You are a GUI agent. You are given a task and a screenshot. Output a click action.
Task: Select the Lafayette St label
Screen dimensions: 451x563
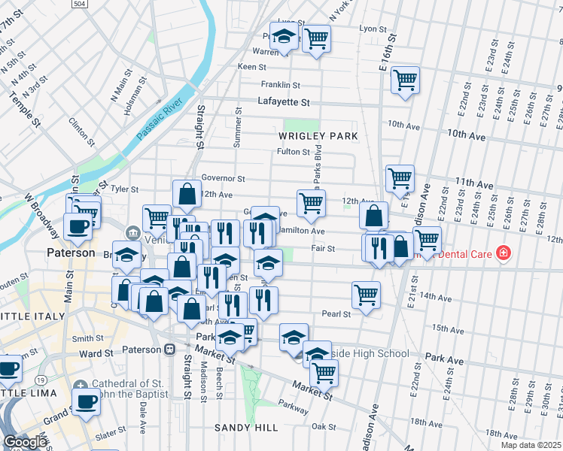(x=284, y=102)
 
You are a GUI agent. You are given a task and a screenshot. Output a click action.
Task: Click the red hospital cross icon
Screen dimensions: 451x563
(x=503, y=254)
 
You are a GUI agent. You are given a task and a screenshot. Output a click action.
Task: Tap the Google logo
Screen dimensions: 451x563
(x=24, y=442)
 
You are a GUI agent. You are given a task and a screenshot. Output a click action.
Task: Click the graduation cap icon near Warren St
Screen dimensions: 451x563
(x=283, y=37)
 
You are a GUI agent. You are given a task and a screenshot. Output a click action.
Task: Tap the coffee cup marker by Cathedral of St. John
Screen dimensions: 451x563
(x=86, y=402)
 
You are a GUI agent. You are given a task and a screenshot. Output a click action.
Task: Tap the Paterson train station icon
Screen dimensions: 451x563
(x=169, y=350)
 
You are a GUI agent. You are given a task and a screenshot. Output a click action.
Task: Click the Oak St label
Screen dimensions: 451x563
(x=324, y=426)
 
